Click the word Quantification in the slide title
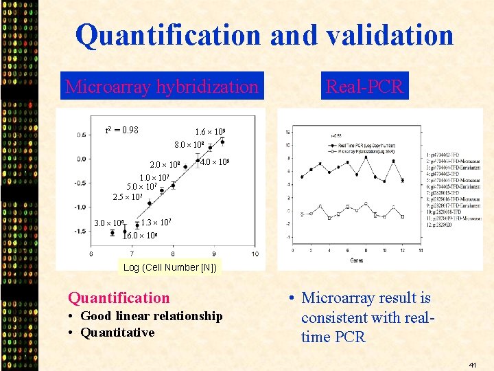coord(168,35)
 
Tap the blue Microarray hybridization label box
coord(162,87)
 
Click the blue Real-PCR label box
coord(364,87)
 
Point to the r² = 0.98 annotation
coord(121,130)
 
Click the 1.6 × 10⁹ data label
coord(211,132)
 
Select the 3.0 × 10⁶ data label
coord(109,223)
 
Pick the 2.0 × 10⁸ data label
coord(165,165)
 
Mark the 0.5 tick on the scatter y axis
coord(82,135)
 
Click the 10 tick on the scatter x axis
coord(255,254)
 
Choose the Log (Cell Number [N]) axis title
coord(170,267)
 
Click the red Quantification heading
coord(119,297)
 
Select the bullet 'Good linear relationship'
coord(151,316)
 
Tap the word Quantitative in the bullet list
coord(117,333)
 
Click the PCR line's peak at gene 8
coord(366,156)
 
